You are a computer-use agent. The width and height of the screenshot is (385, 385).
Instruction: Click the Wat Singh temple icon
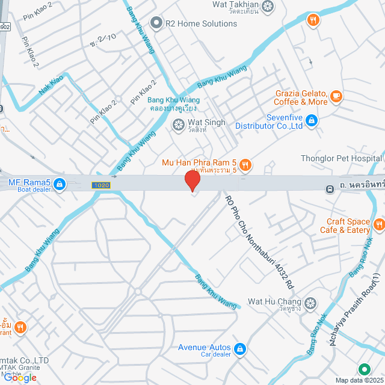(178, 125)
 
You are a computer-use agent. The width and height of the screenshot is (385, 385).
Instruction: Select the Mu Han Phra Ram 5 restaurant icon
(245, 164)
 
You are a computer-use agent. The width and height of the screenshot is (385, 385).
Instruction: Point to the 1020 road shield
(100, 185)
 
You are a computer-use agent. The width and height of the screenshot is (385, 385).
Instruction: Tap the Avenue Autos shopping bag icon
(239, 349)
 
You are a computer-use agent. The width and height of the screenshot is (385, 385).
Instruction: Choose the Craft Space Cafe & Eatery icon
(379, 225)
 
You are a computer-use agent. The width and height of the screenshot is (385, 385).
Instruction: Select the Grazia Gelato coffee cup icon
(336, 95)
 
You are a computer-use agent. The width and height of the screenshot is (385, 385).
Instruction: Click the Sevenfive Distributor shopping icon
(310, 122)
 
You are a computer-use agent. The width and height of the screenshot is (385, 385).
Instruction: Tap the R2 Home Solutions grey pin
(157, 23)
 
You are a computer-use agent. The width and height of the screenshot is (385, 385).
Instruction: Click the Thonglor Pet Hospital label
(340, 159)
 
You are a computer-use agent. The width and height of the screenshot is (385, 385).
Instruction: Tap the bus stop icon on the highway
(330, 189)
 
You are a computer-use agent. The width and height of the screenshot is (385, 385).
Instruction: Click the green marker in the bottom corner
(363, 370)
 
